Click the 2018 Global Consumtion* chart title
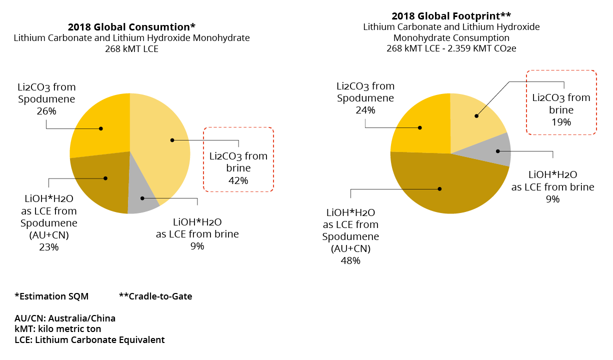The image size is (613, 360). (131, 27)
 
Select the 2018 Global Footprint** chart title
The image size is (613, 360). (451, 16)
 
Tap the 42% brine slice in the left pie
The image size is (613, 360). (165, 145)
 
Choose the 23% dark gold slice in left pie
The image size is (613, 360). (100, 182)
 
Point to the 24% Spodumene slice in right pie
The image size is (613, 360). (420, 125)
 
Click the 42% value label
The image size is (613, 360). (238, 180)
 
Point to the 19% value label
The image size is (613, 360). (561, 121)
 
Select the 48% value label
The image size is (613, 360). (350, 260)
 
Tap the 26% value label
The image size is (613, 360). (46, 110)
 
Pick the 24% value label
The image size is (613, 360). (365, 109)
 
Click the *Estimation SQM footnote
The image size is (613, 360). (51, 296)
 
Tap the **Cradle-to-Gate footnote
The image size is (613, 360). (155, 296)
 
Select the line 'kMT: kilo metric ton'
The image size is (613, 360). (58, 329)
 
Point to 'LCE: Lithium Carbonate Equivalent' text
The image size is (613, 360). (89, 340)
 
